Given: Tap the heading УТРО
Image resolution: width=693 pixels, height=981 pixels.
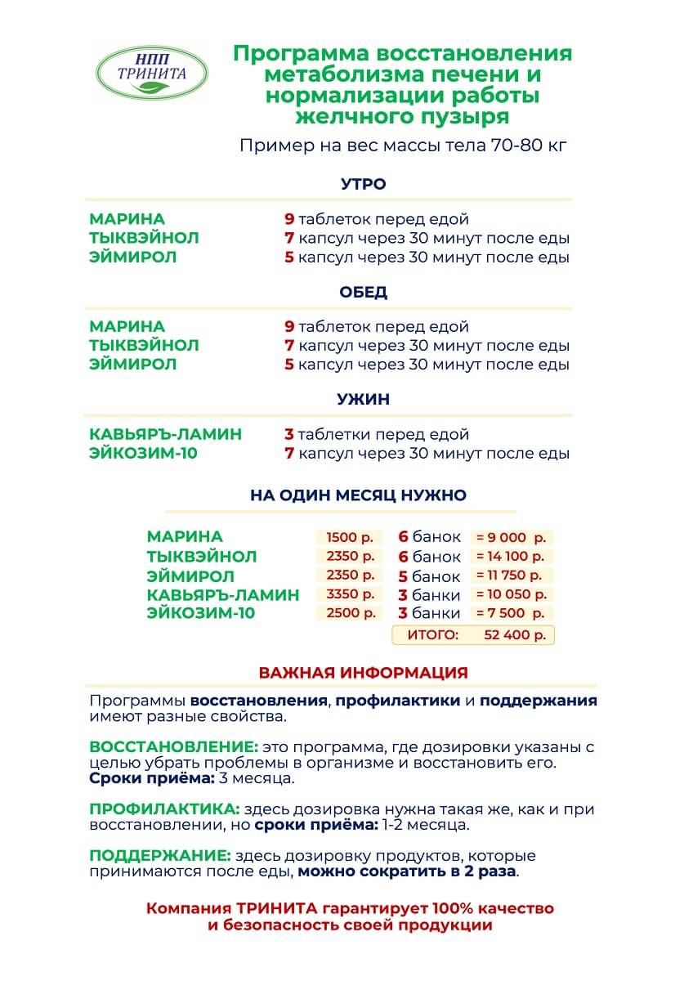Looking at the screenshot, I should [x=363, y=184].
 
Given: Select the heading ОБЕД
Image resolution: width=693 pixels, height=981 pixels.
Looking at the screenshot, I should [x=363, y=292].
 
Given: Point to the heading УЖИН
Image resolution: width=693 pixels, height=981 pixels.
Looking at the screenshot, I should [x=363, y=400].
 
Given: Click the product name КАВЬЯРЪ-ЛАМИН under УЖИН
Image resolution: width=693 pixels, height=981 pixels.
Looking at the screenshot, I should [x=165, y=434].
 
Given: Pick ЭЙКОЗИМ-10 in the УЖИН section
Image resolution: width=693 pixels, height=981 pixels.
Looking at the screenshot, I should [x=143, y=453].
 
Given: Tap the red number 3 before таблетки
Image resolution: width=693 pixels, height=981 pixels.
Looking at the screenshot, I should [x=288, y=434].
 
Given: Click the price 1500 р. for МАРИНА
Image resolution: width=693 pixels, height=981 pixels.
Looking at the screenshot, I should [x=349, y=538].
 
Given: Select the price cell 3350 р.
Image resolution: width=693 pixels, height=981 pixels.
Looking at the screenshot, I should [x=349, y=594].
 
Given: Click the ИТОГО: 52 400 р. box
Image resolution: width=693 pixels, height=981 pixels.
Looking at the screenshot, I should [x=473, y=634].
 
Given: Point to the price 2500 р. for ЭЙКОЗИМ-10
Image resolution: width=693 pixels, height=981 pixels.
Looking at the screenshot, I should [x=349, y=613].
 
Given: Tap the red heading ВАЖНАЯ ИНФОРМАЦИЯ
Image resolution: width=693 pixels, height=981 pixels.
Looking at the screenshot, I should [x=363, y=673].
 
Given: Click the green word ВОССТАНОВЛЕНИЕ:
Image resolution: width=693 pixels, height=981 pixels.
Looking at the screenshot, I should [x=173, y=747].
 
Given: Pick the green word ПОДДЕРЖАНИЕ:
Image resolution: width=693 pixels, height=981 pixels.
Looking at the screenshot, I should [x=159, y=856].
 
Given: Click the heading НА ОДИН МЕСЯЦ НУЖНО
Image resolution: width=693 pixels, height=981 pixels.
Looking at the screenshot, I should [x=358, y=495].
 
